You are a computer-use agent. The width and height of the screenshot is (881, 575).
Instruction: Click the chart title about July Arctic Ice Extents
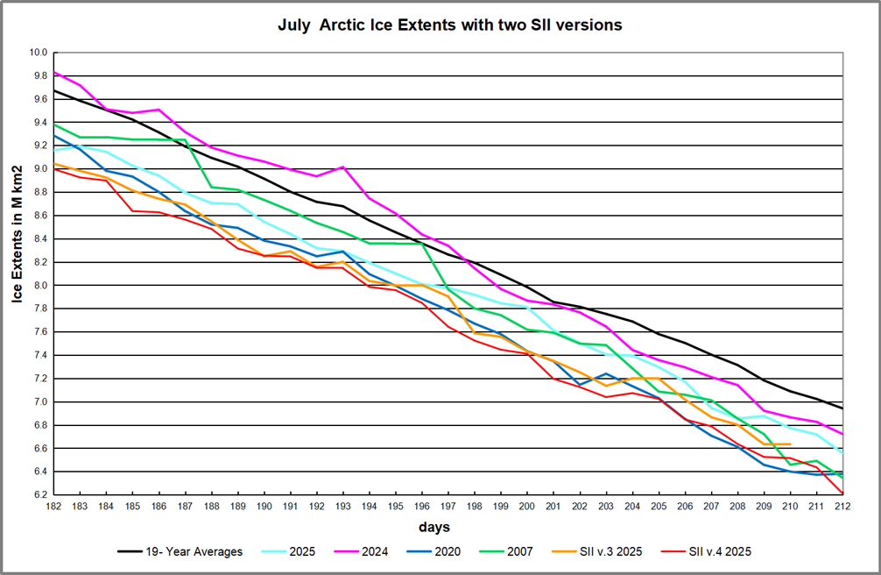[449, 25]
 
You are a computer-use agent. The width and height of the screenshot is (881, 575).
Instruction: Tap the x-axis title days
[435, 527]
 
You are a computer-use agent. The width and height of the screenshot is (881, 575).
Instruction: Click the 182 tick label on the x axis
[54, 506]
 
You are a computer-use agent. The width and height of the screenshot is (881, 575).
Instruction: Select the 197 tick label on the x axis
[448, 506]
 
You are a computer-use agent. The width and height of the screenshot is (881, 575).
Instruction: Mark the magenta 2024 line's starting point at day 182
[54, 72]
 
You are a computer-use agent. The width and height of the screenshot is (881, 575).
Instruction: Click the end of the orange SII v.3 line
[790, 444]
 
